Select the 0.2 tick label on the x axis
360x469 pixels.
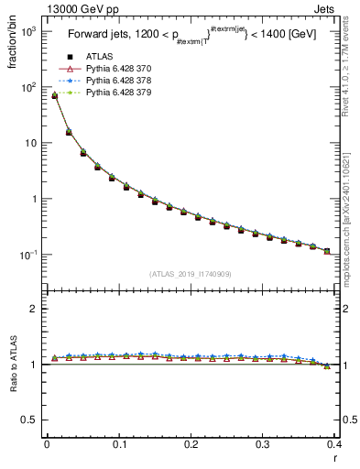click(x=191, y=443)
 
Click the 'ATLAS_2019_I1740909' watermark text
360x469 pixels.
click(x=191, y=274)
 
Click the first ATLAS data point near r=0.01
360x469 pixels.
click(x=54, y=95)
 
